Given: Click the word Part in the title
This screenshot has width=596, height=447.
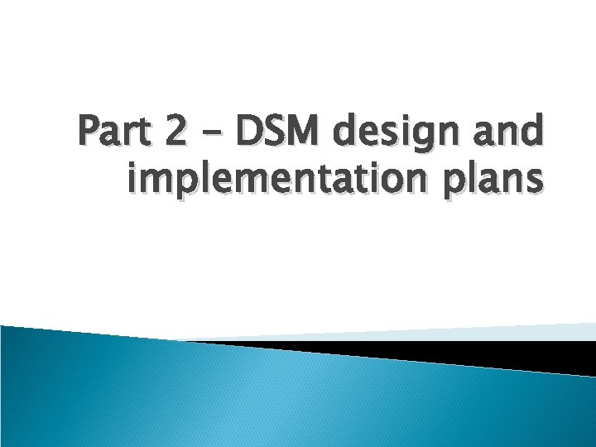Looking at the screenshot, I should [x=115, y=132].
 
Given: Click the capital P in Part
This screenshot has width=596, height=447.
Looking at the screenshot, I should [x=89, y=132].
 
